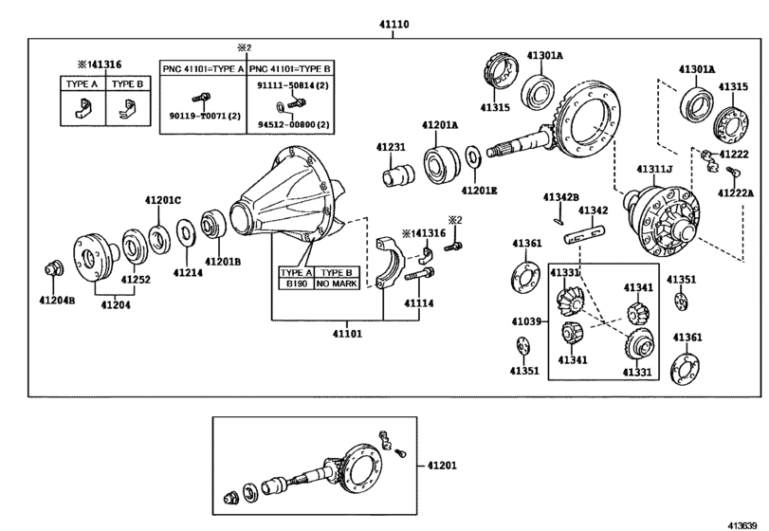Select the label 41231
click(390, 148)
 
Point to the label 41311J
click(654, 170)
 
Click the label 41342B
click(560, 197)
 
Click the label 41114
click(418, 303)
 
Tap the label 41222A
click(735, 193)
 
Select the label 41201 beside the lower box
click(442, 465)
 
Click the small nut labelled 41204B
click(55, 268)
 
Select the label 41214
click(187, 272)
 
